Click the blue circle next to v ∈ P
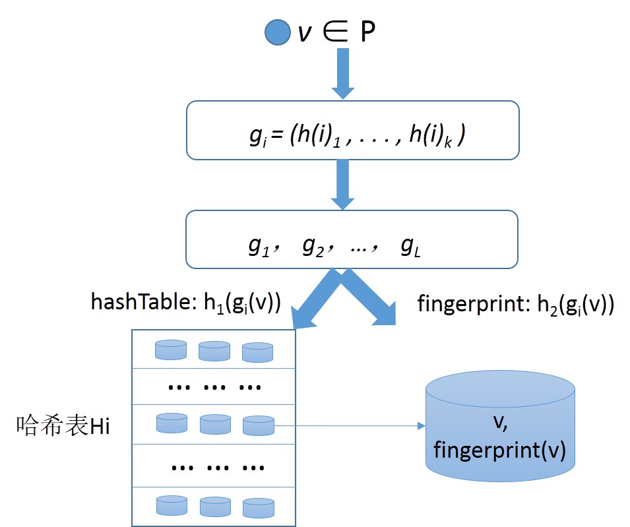pos(278,32)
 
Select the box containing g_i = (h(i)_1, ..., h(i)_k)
pos(352,130)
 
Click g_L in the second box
pos(409,245)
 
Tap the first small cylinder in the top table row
pos(170,350)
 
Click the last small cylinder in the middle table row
pos(258,425)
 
